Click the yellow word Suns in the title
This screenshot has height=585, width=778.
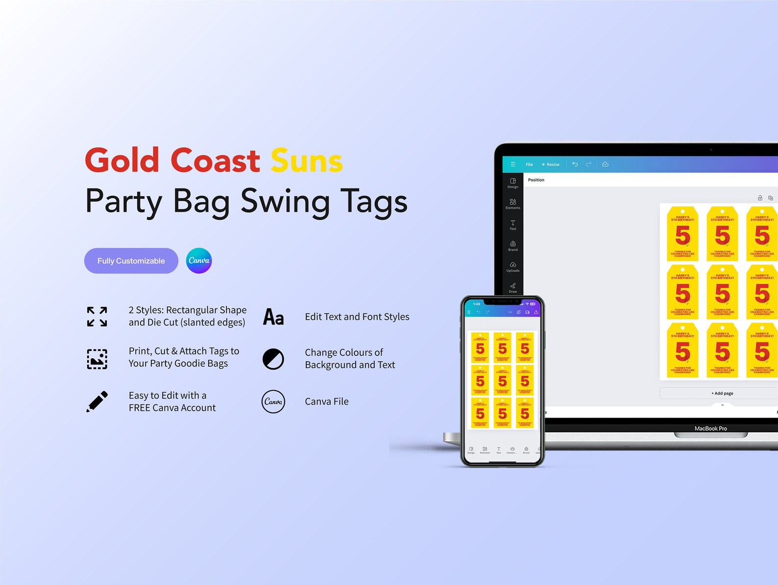tap(307, 161)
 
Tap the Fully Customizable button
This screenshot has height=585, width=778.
tap(131, 261)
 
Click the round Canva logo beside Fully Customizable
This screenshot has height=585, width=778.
tap(199, 260)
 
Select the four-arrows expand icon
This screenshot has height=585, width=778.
tap(97, 317)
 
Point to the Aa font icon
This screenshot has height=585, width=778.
tap(273, 317)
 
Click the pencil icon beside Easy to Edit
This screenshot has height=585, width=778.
tap(97, 401)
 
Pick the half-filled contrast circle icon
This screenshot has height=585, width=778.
tap(273, 359)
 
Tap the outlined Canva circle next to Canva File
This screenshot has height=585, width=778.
tap(273, 401)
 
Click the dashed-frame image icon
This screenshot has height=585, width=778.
tap(97, 359)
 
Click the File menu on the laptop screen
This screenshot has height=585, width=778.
tap(529, 164)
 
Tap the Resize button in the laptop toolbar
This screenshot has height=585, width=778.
tap(551, 164)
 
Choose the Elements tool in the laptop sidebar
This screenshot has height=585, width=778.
tap(513, 204)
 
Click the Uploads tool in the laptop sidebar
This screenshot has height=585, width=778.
tap(513, 267)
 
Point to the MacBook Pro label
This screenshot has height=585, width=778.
tap(710, 428)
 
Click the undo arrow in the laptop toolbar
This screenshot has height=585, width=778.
tap(575, 164)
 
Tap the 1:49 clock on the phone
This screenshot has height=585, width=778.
tap(477, 304)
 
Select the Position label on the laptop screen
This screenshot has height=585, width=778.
tap(536, 180)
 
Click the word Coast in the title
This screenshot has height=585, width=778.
tap(215, 161)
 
